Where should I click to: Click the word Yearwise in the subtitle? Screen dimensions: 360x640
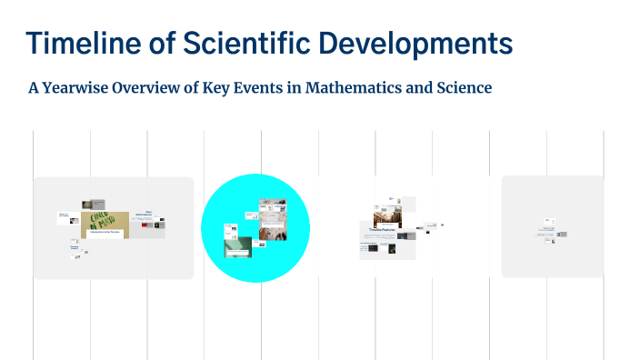click(x=82, y=88)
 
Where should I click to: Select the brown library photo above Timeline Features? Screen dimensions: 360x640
click(x=388, y=218)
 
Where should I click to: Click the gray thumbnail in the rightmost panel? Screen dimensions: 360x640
click(x=563, y=235)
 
